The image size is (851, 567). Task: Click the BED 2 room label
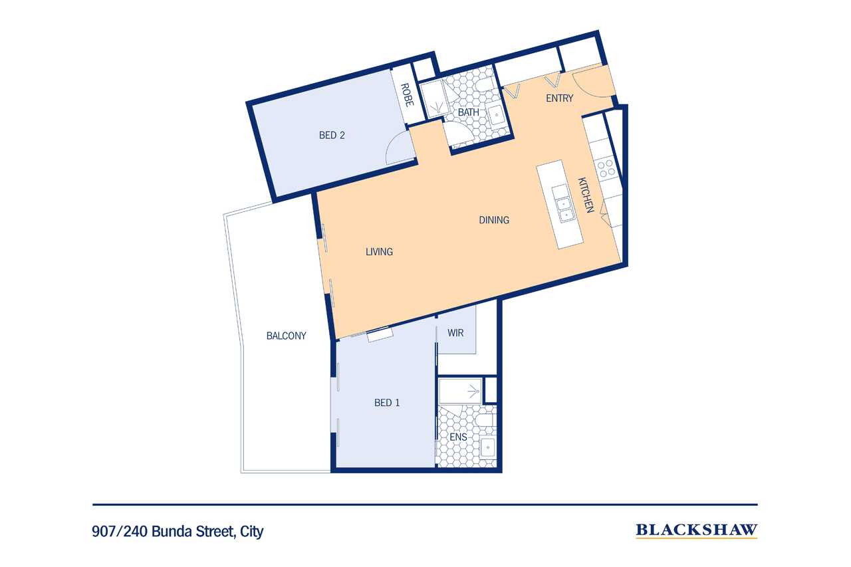pos(332,136)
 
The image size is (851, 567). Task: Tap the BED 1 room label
pos(387,403)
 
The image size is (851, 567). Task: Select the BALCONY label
pos(286,336)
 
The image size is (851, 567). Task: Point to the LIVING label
pos(379,252)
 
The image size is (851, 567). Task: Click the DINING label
pos(494,220)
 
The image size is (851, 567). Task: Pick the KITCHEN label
pos(584,195)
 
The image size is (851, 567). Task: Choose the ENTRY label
pos(559,98)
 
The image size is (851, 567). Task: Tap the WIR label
pos(455,332)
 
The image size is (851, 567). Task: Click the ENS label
pos(458,437)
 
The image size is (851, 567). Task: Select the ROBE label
pos(408,96)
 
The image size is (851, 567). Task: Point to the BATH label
pos(468,112)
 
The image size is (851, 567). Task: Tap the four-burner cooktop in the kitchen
pos(606,168)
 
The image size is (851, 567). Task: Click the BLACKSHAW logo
pos(696,530)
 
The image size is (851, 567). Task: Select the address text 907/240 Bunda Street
pos(178,532)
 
